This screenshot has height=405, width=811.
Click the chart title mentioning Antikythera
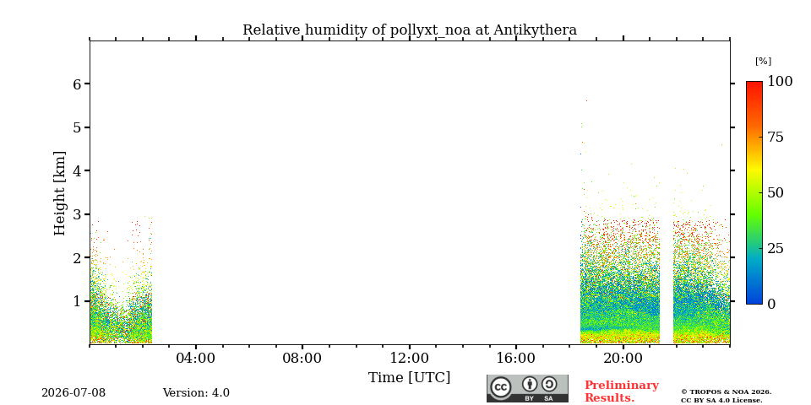pos(410,30)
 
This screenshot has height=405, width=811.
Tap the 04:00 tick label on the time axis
pos(195,359)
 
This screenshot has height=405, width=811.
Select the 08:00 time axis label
pos(302,359)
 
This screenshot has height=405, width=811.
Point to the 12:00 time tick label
pos(409,359)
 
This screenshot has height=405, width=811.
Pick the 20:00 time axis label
pos(623,359)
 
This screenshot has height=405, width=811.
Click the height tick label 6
pos(78,84)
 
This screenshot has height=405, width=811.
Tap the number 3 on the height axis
pos(78,214)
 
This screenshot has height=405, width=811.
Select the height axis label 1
pos(78,301)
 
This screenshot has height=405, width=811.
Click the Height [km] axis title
pos(61,193)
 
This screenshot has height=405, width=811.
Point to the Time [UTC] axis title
pos(409,378)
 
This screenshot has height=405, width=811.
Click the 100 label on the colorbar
pos(780,82)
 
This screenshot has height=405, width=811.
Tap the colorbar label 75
pos(776,138)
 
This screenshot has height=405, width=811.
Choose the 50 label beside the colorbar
pos(776,192)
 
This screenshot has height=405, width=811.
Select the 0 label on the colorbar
pos(771,304)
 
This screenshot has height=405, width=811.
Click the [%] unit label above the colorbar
pos(763,61)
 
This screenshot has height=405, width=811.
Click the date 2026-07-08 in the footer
pos(73,393)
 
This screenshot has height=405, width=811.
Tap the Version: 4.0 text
pos(196,393)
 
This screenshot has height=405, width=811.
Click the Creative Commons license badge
pos(527,388)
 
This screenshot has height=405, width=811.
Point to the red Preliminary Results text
pos(622,391)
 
